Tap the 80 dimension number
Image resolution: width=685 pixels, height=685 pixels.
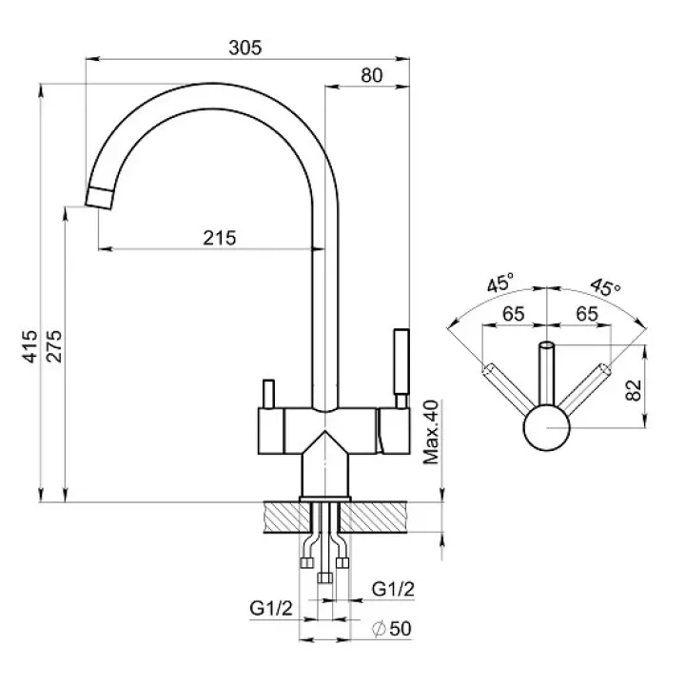pos(372,76)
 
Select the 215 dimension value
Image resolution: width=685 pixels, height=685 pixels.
pos(219,238)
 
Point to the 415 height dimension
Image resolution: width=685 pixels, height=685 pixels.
pos(30,347)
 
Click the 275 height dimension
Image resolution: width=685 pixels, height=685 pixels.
pos(54,347)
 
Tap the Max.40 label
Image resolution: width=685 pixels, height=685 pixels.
pos(430,430)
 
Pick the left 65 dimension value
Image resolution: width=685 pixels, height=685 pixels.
pos(514,314)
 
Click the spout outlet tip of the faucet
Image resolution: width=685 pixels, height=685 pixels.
pos(99,198)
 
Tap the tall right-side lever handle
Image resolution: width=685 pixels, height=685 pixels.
pos(400,366)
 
